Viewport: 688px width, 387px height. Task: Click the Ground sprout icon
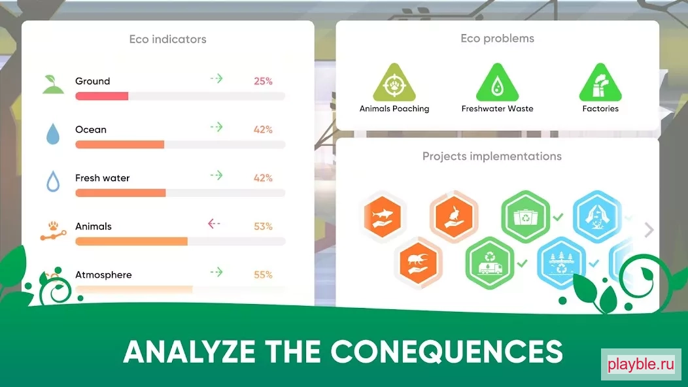[x=53, y=84]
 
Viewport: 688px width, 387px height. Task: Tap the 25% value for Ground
[x=264, y=81]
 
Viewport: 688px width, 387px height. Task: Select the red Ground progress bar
[x=102, y=96]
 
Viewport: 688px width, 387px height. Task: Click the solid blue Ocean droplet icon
[x=53, y=134]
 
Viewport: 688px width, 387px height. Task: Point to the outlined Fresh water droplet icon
[x=53, y=181]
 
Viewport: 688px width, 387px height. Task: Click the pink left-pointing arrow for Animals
[x=214, y=224]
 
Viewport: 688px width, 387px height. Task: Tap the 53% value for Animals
[x=264, y=226]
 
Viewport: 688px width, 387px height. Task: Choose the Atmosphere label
[x=103, y=275]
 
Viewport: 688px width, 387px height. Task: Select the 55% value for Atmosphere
[x=264, y=275]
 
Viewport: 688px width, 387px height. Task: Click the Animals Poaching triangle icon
[x=394, y=83]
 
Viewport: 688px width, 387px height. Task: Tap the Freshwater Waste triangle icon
[x=497, y=83]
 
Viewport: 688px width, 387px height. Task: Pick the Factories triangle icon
[x=600, y=83]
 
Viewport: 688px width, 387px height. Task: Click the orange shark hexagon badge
[x=382, y=216]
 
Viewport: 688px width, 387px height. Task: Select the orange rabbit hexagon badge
[x=454, y=216]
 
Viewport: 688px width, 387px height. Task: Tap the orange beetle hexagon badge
[x=418, y=263]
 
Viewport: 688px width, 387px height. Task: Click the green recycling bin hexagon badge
[x=525, y=216]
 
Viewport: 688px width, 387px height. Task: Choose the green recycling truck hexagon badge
[x=490, y=263]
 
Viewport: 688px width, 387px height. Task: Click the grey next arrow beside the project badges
[x=649, y=229]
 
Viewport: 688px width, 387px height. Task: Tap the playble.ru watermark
[x=641, y=364]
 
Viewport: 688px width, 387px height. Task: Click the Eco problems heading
[x=497, y=39]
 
